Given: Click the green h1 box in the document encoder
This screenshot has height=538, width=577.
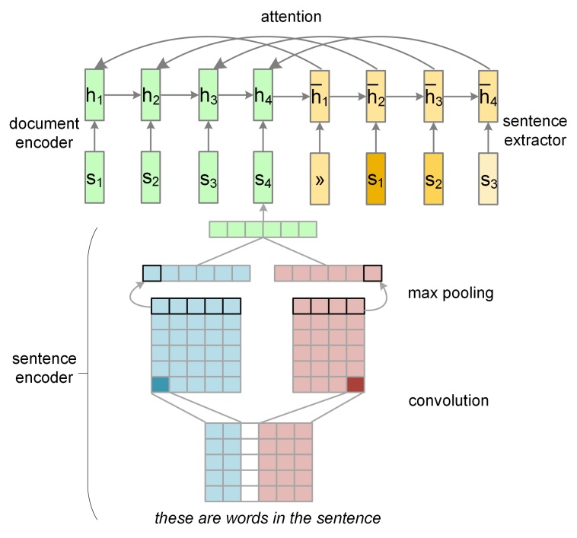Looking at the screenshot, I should pyautogui.click(x=94, y=95).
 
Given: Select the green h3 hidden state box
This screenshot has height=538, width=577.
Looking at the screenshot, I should pyautogui.click(x=208, y=95).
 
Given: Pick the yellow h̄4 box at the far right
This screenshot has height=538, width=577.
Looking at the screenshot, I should pyautogui.click(x=488, y=95).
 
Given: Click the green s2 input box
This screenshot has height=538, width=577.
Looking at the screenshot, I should pyautogui.click(x=151, y=177).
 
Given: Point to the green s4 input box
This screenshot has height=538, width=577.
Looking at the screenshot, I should pyautogui.click(x=263, y=177).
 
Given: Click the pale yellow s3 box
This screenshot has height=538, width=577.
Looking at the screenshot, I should pyautogui.click(x=488, y=177).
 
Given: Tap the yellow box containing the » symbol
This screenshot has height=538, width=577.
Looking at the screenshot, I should pyautogui.click(x=320, y=177).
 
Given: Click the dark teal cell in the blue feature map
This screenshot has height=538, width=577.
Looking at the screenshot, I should pyautogui.click(x=160, y=384).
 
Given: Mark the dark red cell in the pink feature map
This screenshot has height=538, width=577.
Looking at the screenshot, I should pyautogui.click(x=355, y=384).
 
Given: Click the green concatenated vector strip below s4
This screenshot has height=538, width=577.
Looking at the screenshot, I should pyautogui.click(x=263, y=228).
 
